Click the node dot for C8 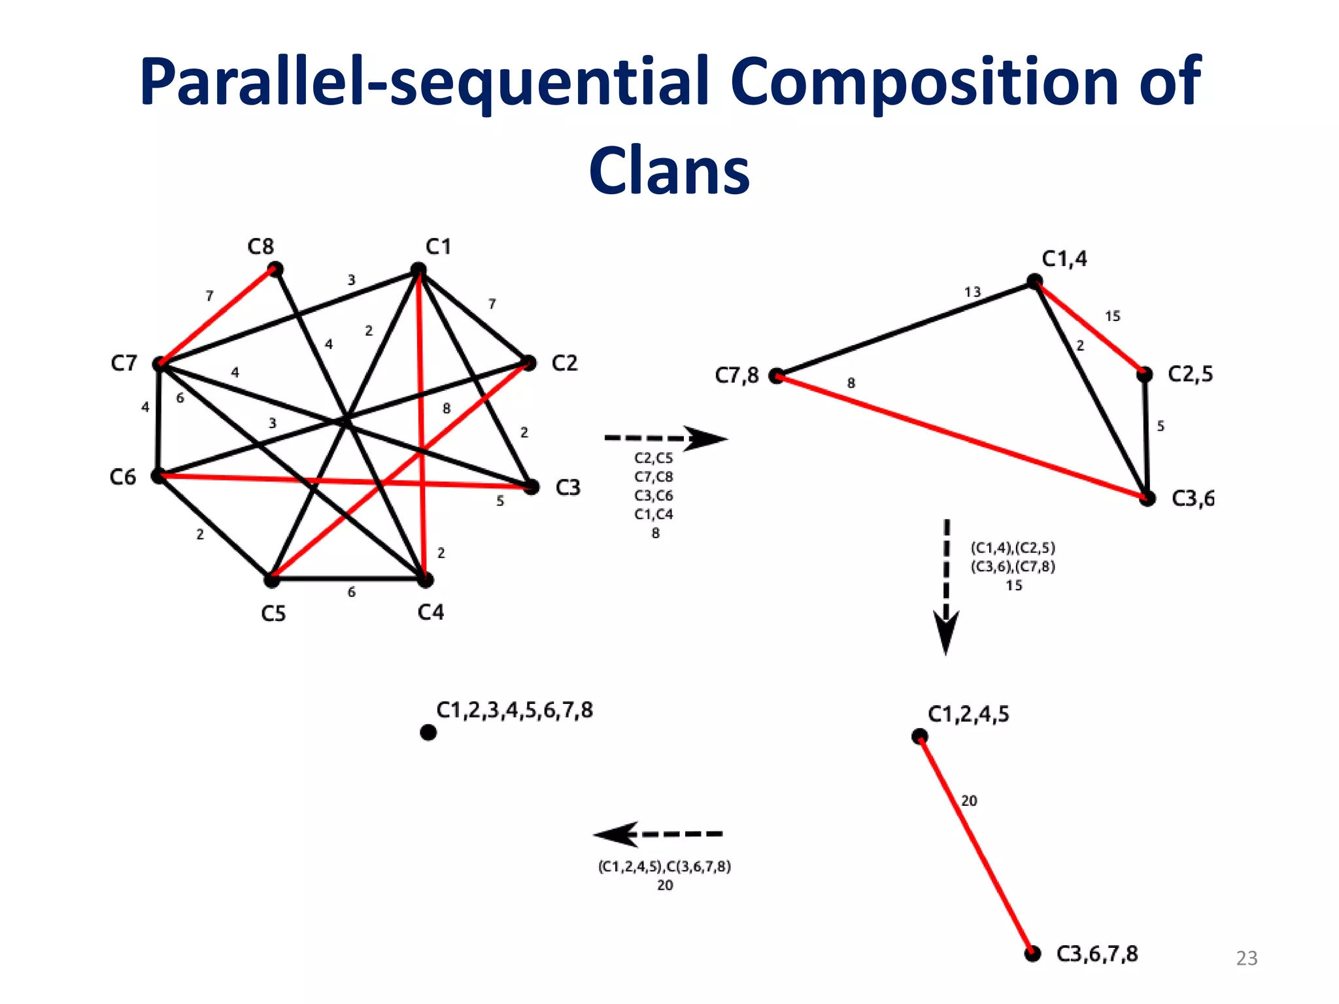[276, 269]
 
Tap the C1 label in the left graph [438, 247]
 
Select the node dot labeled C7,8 [776, 376]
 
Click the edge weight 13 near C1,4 [972, 292]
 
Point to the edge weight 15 [1112, 316]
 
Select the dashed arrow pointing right [666, 438]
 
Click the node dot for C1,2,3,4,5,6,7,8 [428, 733]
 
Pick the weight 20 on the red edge [969, 801]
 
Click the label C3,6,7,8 [1097, 954]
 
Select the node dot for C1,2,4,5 [919, 737]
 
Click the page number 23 [1246, 958]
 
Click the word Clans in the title [669, 170]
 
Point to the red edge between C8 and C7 [217, 316]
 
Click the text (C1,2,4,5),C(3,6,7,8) [664, 867]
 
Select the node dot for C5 [271, 579]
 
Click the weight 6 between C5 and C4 [352, 592]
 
